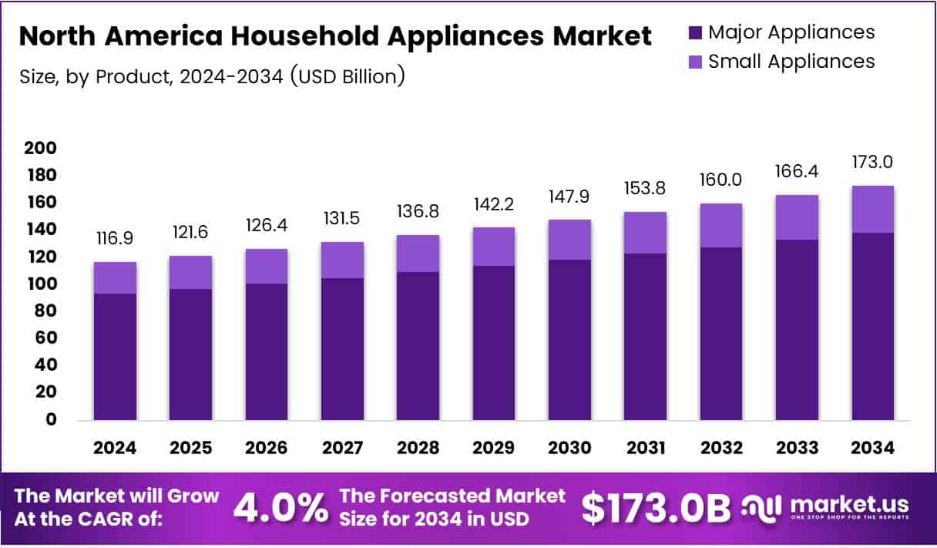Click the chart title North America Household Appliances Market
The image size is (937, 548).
coord(335,35)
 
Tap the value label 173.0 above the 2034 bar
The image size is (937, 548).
coord(872,163)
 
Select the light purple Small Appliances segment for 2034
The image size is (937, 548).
coord(872,209)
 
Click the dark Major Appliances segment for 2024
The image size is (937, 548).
coord(114,356)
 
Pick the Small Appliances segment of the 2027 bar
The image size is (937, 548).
coord(342,260)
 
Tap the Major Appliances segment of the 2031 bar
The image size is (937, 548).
coord(645,336)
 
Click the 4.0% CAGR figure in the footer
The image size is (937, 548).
coord(280,508)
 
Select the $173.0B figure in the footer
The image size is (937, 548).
coord(655,508)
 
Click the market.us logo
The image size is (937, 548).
coord(824,507)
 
